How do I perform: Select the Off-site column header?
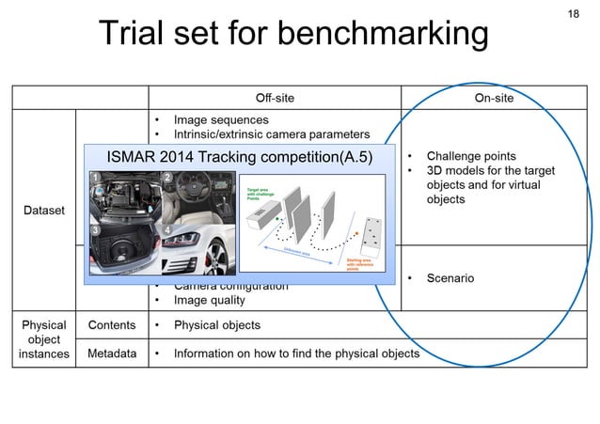click(x=276, y=99)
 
